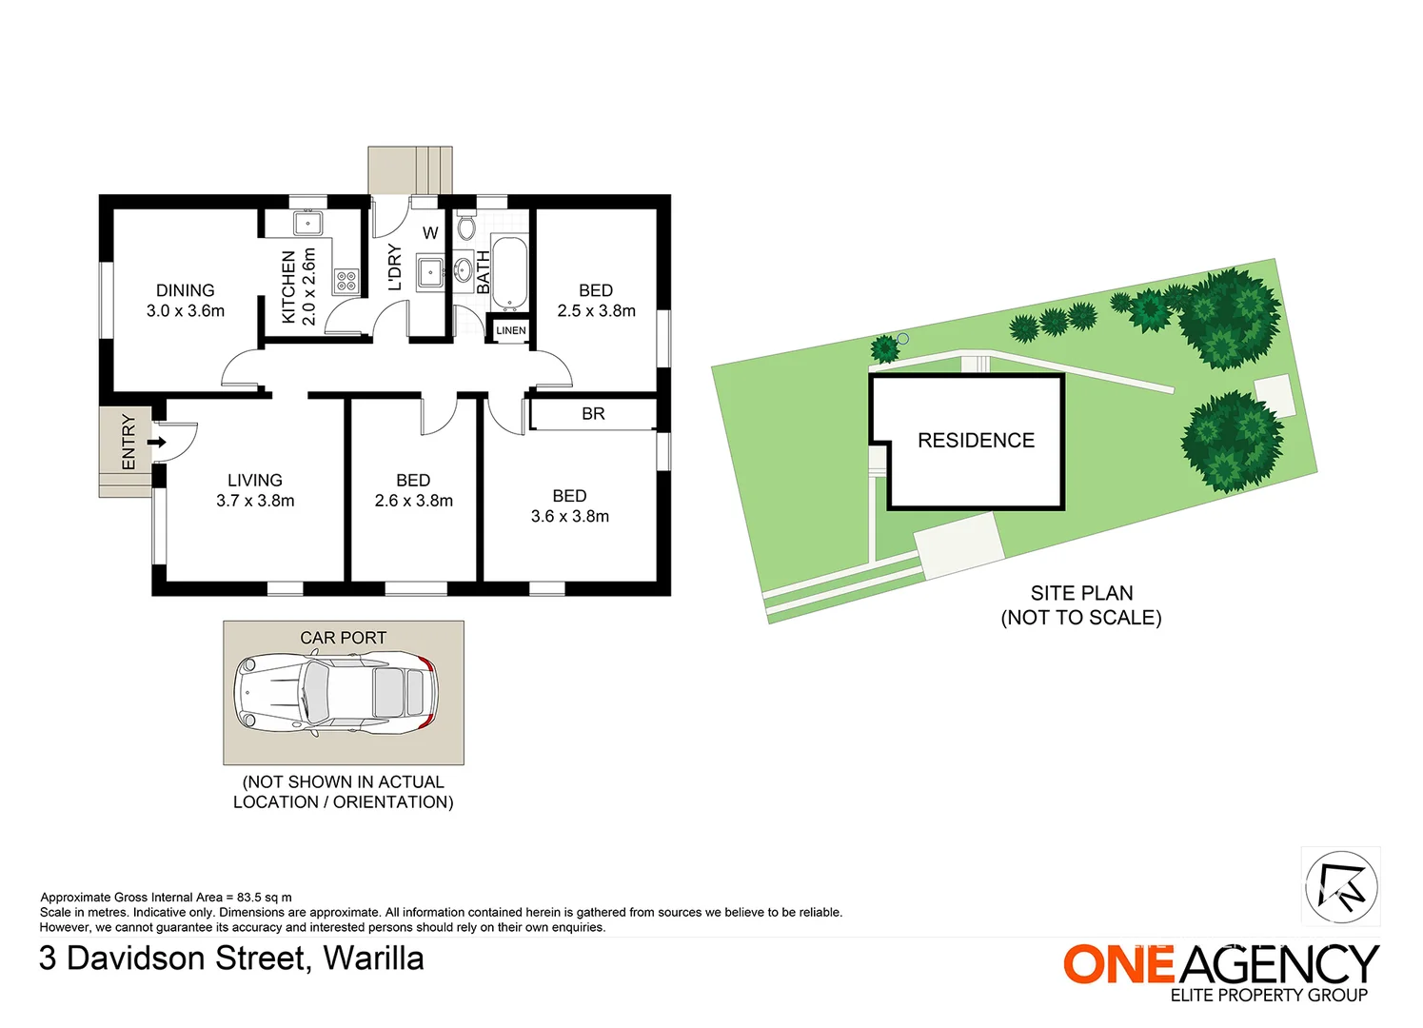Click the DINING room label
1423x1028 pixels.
[186, 290]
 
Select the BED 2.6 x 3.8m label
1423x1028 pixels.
[413, 490]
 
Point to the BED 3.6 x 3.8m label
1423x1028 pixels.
[569, 505]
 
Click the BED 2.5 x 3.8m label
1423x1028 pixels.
[596, 300]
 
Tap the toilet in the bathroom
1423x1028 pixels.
[465, 227]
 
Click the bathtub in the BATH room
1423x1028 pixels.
[509, 271]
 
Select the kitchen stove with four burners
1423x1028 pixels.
[346, 281]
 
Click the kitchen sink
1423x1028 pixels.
[307, 225]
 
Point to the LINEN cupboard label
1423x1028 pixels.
[510, 330]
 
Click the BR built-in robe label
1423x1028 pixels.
[593, 414]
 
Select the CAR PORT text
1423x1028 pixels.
[343, 638]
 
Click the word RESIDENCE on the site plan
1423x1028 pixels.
[976, 441]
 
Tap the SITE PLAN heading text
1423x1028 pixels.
[1081, 593]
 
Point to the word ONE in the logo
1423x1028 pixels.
[1119, 964]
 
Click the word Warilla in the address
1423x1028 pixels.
[374, 959]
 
